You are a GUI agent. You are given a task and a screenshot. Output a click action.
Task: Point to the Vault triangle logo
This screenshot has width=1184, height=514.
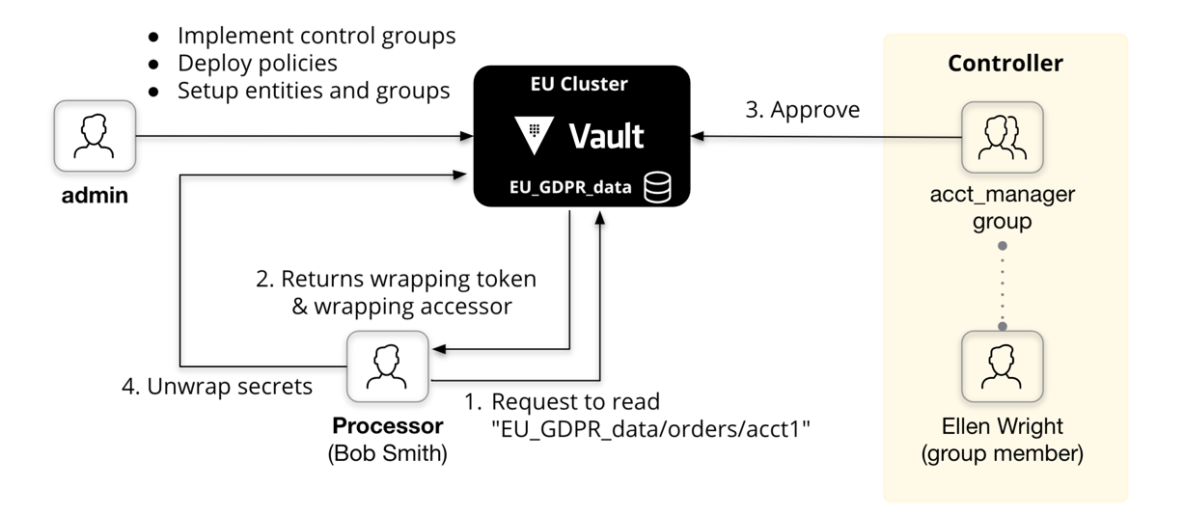(x=534, y=136)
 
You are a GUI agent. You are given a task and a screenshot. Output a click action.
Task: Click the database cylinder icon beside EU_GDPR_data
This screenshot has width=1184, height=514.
(x=657, y=187)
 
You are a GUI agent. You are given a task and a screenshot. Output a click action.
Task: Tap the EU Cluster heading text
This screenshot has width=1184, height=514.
(x=579, y=85)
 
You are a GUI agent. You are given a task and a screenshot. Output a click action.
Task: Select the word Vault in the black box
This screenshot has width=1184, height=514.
(x=606, y=137)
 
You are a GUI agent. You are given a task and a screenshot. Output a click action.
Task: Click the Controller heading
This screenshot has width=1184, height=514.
(x=1005, y=64)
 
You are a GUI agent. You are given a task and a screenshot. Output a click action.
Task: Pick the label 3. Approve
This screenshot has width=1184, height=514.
(x=802, y=110)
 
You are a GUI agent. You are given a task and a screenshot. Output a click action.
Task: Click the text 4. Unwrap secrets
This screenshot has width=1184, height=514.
(x=217, y=387)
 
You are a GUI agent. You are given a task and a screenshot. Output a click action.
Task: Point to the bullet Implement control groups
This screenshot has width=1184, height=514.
(x=316, y=37)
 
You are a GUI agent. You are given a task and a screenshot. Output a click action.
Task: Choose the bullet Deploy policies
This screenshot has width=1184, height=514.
(x=257, y=64)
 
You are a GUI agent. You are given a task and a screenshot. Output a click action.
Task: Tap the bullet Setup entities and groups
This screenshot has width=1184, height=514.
(x=313, y=91)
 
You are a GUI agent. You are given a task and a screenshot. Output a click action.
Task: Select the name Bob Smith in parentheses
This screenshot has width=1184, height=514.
(x=388, y=453)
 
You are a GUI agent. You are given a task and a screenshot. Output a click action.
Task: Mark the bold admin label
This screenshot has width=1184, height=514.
(x=95, y=196)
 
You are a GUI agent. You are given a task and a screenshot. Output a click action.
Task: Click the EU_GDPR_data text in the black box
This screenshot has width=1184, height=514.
(x=569, y=188)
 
